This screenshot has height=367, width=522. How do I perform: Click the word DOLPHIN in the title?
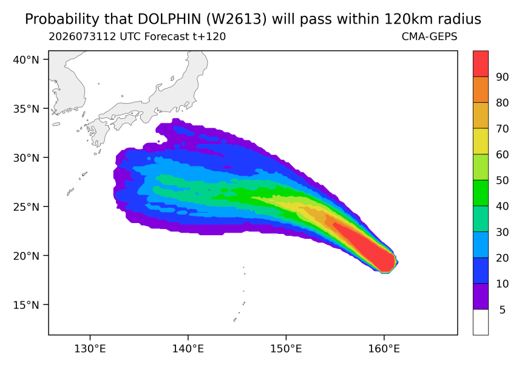pyautogui.click(x=169, y=19)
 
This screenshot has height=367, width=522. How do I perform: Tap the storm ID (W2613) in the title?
pyautogui.click(x=236, y=19)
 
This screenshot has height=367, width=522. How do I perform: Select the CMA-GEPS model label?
pyautogui.click(x=430, y=36)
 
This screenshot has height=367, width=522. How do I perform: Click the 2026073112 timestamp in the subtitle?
pyautogui.click(x=83, y=36)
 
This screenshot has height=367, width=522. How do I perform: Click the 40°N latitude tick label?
pyautogui.click(x=26, y=60)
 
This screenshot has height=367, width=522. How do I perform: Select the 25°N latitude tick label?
pyautogui.click(x=26, y=207)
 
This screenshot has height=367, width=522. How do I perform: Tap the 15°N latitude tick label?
pyautogui.click(x=26, y=305)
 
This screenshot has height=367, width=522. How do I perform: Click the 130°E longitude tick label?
pyautogui.click(x=90, y=349)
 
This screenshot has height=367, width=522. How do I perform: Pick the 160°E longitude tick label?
pyautogui.click(x=384, y=349)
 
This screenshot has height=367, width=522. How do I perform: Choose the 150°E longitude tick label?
pyautogui.click(x=286, y=349)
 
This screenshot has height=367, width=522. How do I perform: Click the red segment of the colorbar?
pyautogui.click(x=481, y=64)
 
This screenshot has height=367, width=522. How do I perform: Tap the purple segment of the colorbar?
pyautogui.click(x=481, y=297)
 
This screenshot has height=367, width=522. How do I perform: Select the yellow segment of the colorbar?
pyautogui.click(x=481, y=142)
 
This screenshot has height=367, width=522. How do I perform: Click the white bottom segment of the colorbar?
pyautogui.click(x=481, y=322)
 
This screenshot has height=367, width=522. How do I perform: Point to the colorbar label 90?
pyautogui.click(x=503, y=77)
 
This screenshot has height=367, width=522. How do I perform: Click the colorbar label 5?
pyautogui.click(x=503, y=310)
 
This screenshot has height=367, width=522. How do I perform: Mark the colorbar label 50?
pyautogui.click(x=503, y=180)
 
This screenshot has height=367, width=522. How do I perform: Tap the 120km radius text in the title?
pyautogui.click(x=432, y=19)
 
